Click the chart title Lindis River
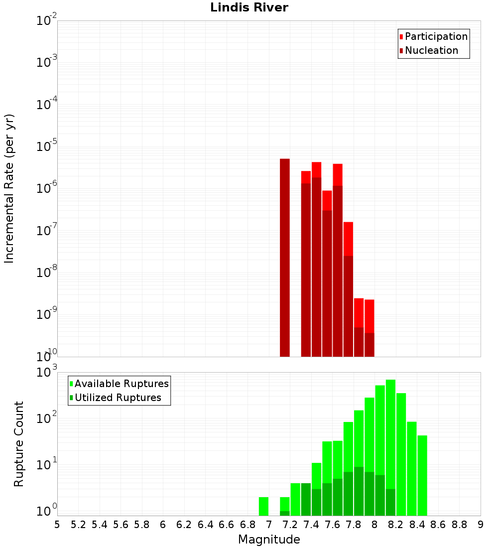[249, 8]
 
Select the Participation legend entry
[433, 36]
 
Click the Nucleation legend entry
[428, 50]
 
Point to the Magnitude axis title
[269, 540]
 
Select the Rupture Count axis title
[19, 444]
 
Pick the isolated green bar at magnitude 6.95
[263, 506]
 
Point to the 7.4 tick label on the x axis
[311, 525]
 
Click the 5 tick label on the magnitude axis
[57, 525]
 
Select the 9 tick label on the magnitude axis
[481, 525]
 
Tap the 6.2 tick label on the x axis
[184, 525]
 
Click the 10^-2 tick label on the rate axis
[47, 21]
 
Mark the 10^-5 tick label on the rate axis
[47, 147]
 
